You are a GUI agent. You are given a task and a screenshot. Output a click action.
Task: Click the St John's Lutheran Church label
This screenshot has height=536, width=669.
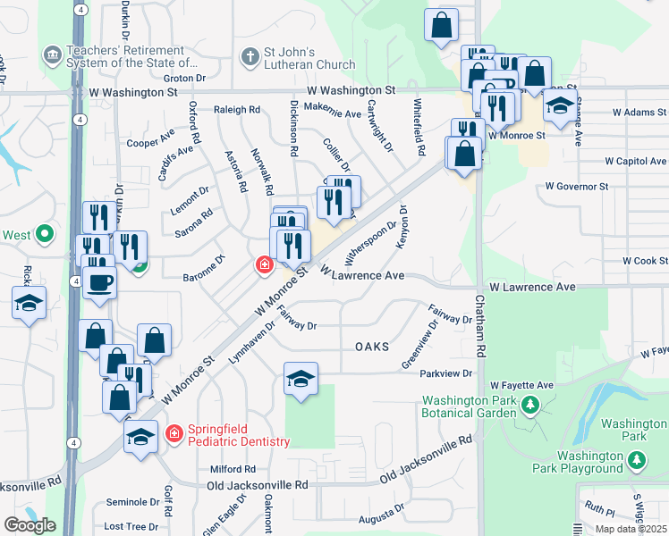[304, 58]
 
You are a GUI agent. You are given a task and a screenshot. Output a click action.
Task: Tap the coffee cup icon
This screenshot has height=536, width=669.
[98, 283]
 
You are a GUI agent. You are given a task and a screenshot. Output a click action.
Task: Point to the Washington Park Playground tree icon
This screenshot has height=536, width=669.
[637, 461]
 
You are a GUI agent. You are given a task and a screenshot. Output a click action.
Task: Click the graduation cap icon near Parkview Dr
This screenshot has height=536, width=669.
[301, 379]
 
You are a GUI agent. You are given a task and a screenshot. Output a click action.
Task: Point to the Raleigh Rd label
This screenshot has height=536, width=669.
[236, 110]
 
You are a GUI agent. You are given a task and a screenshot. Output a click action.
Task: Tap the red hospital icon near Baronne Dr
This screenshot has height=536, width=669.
[265, 265]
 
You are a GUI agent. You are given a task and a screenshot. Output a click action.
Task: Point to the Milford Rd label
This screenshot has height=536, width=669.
[233, 468]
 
